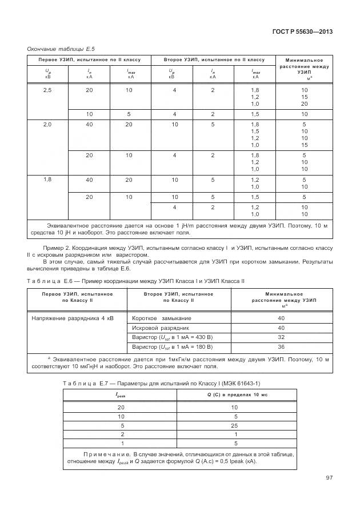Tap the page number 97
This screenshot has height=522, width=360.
click(329, 477)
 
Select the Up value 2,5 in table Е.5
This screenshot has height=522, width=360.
click(47, 90)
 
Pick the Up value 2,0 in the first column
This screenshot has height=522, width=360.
click(47, 124)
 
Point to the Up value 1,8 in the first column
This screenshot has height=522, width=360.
click(47, 180)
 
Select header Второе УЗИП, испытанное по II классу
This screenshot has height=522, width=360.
click(214, 59)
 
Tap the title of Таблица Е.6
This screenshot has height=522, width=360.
click(136, 281)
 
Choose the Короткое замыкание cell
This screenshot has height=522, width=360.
click(162, 318)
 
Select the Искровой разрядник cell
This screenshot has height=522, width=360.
click(160, 328)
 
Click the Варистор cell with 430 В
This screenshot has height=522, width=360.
click(172, 337)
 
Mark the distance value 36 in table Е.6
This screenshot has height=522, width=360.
click(281, 346)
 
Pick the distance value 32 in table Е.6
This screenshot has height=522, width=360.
click(281, 337)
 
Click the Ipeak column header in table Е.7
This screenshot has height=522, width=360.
click(122, 394)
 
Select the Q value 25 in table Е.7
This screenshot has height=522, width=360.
click(234, 425)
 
